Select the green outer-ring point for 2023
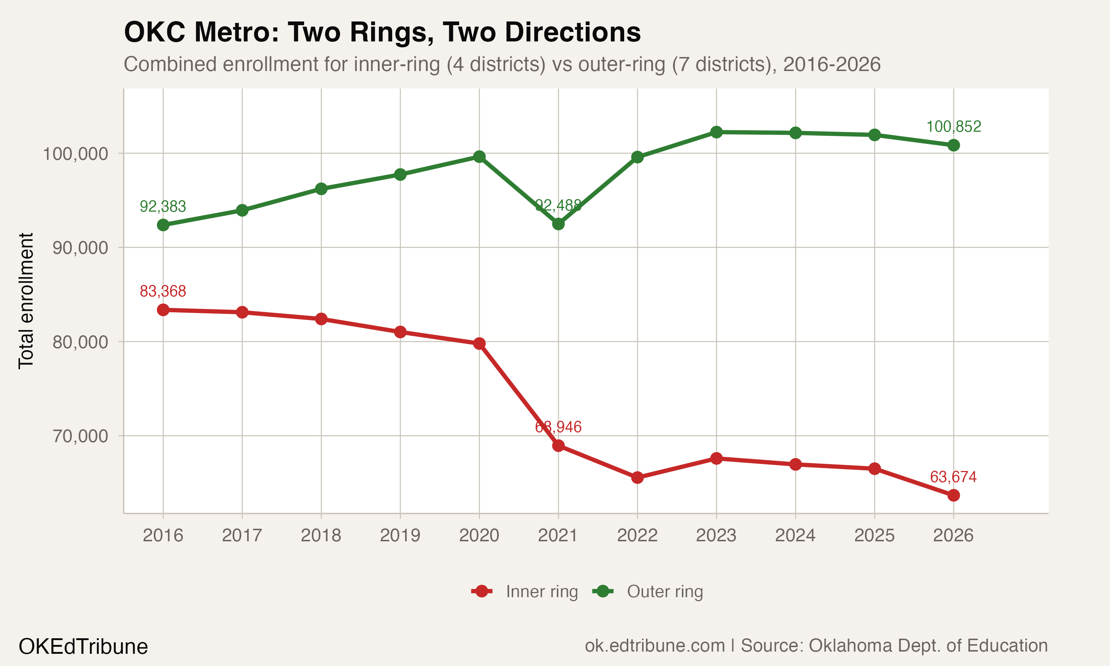pyautogui.click(x=717, y=132)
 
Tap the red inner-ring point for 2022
pyautogui.click(x=637, y=478)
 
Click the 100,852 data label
pyautogui.click(x=953, y=127)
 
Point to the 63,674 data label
pyautogui.click(x=953, y=477)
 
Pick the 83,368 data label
pyautogui.click(x=163, y=291)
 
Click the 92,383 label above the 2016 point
pyautogui.click(x=163, y=206)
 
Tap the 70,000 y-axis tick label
pyautogui.click(x=80, y=436)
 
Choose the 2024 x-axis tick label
pyautogui.click(x=795, y=535)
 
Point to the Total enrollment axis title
pyautogui.click(x=26, y=301)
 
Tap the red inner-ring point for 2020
pyautogui.click(x=479, y=343)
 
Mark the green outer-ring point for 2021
pyautogui.click(x=558, y=223)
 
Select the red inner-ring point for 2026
pyautogui.click(x=953, y=495)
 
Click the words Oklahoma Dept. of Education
pyautogui.click(x=928, y=645)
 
